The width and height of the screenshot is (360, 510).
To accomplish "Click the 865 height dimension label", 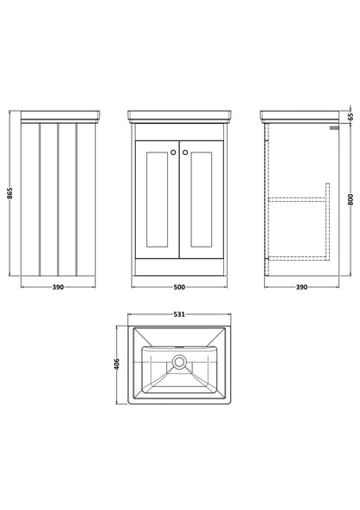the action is point(10,194).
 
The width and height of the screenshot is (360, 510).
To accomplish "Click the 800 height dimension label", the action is point(350,199).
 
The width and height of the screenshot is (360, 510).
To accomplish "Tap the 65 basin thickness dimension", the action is point(350,116).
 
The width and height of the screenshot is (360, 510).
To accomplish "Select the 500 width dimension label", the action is point(179,287).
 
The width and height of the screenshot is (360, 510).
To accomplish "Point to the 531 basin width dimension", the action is point(179,314).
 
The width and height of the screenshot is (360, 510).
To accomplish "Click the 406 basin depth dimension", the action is point(117,364).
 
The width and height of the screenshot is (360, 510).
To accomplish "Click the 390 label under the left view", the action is point(58,287).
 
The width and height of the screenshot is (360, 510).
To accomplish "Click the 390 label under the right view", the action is point(301,287).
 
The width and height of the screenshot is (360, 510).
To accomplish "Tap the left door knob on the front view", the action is point(173,152).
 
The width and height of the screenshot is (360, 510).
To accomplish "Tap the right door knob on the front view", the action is point(185,152).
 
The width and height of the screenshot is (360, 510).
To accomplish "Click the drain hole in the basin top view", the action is point(179,362).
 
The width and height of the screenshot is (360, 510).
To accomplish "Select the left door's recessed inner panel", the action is point(157,199).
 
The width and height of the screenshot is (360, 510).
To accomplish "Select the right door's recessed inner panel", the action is point(202,199).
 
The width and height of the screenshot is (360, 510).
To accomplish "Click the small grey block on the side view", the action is point(334,128).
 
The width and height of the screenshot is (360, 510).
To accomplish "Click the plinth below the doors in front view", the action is point(179,267).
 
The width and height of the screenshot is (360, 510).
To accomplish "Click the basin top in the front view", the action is point(179,117).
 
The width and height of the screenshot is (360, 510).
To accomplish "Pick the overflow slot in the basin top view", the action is point(179,346).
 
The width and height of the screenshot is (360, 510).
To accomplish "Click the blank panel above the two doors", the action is point(179,132).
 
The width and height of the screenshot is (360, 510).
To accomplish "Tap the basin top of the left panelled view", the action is point(61,117).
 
